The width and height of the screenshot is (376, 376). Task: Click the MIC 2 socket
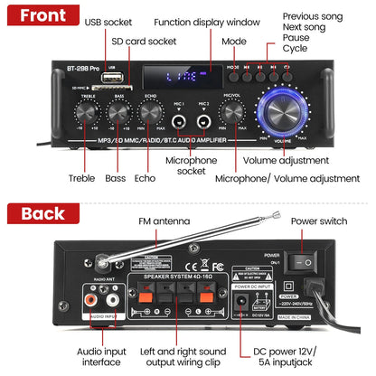coord(205,117)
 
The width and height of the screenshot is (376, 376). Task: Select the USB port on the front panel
coord(109,75)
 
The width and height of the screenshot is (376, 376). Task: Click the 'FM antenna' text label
coord(164,221)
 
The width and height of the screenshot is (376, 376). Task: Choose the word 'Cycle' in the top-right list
coord(295,49)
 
